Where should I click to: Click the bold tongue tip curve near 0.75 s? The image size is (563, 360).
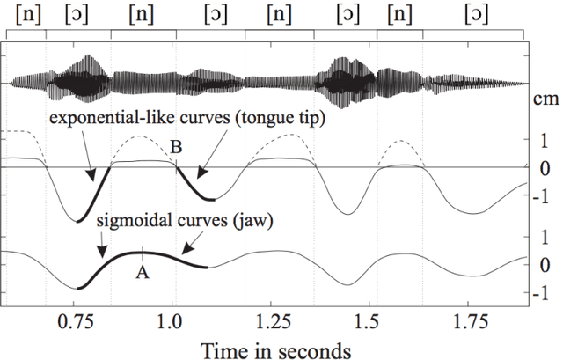91,194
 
